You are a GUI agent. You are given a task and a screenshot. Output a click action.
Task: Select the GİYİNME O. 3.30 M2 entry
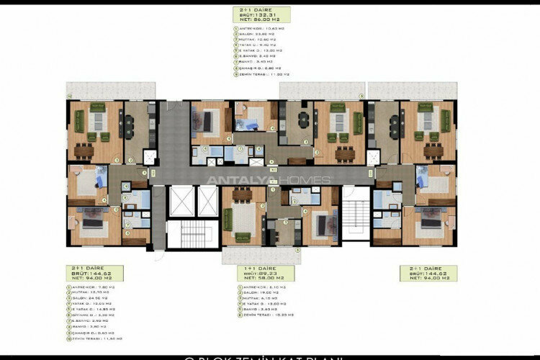(88, 315)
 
